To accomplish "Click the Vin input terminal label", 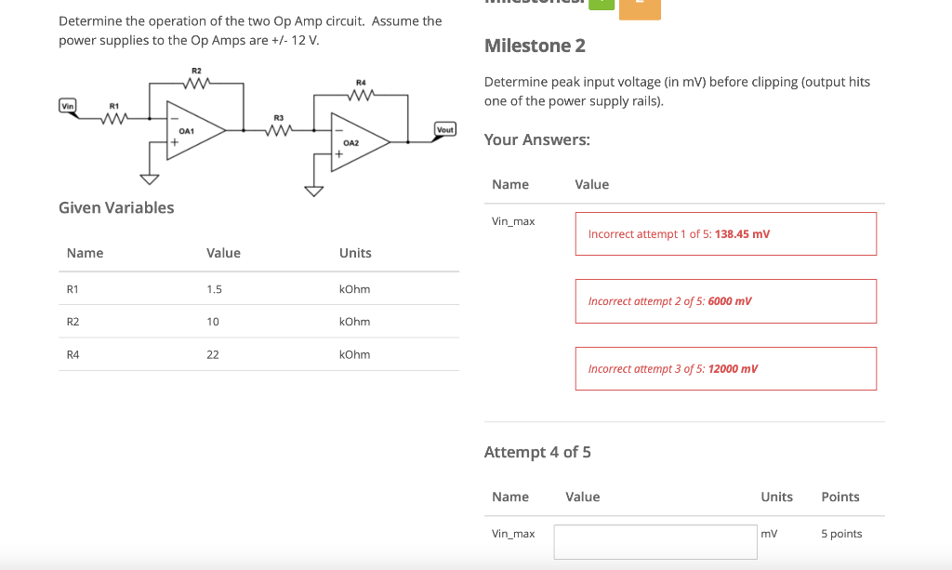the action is [67, 105].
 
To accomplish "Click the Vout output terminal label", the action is [445, 129].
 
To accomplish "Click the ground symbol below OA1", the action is [147, 179].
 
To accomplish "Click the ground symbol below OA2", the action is [313, 192].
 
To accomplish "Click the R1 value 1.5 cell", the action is [214, 289].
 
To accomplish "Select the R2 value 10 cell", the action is [213, 322].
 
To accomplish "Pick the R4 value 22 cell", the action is [213, 354].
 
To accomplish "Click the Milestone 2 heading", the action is [535, 46].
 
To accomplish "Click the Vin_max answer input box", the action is [655, 541].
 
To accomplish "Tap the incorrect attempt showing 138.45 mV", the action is [725, 234].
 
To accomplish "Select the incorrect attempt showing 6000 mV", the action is [725, 301].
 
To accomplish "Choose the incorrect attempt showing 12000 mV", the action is [725, 369].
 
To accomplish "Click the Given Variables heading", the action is [116, 207].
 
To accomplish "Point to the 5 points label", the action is [841, 534].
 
